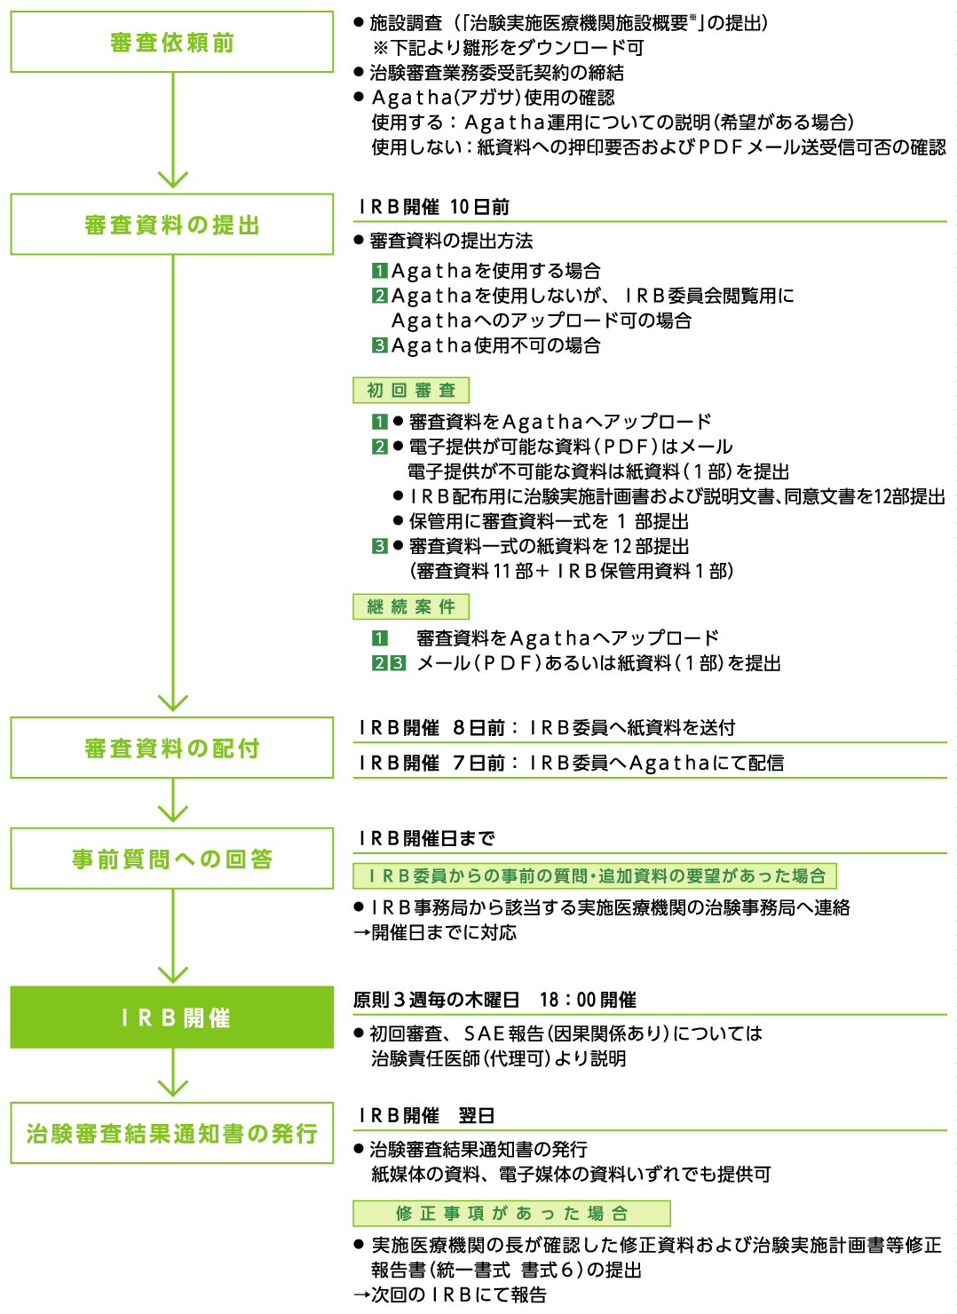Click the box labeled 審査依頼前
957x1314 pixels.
[172, 42]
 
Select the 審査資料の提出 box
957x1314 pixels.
[172, 224]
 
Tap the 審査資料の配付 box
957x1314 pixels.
[172, 748]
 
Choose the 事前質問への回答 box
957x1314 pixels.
[172, 859]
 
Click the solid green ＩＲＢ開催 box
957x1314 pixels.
[172, 1017]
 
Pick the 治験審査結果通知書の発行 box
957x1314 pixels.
[172, 1133]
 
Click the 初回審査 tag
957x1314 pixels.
[411, 390]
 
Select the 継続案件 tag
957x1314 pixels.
[411, 606]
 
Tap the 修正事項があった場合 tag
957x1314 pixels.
[511, 1213]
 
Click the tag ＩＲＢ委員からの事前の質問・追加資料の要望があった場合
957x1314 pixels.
[595, 875]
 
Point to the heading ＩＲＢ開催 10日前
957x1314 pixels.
[434, 207]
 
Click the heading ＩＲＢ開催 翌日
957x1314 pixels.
[427, 1115]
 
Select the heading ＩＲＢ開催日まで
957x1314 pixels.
[427, 838]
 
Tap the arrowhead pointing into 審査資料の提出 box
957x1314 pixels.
[172, 180]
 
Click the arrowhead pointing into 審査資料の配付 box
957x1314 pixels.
[172, 703]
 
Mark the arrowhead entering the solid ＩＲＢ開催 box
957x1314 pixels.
[172, 974]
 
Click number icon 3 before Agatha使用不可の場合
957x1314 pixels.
[379, 345]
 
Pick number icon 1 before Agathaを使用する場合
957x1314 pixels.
[379, 271]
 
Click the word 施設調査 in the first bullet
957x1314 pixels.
[405, 23]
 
